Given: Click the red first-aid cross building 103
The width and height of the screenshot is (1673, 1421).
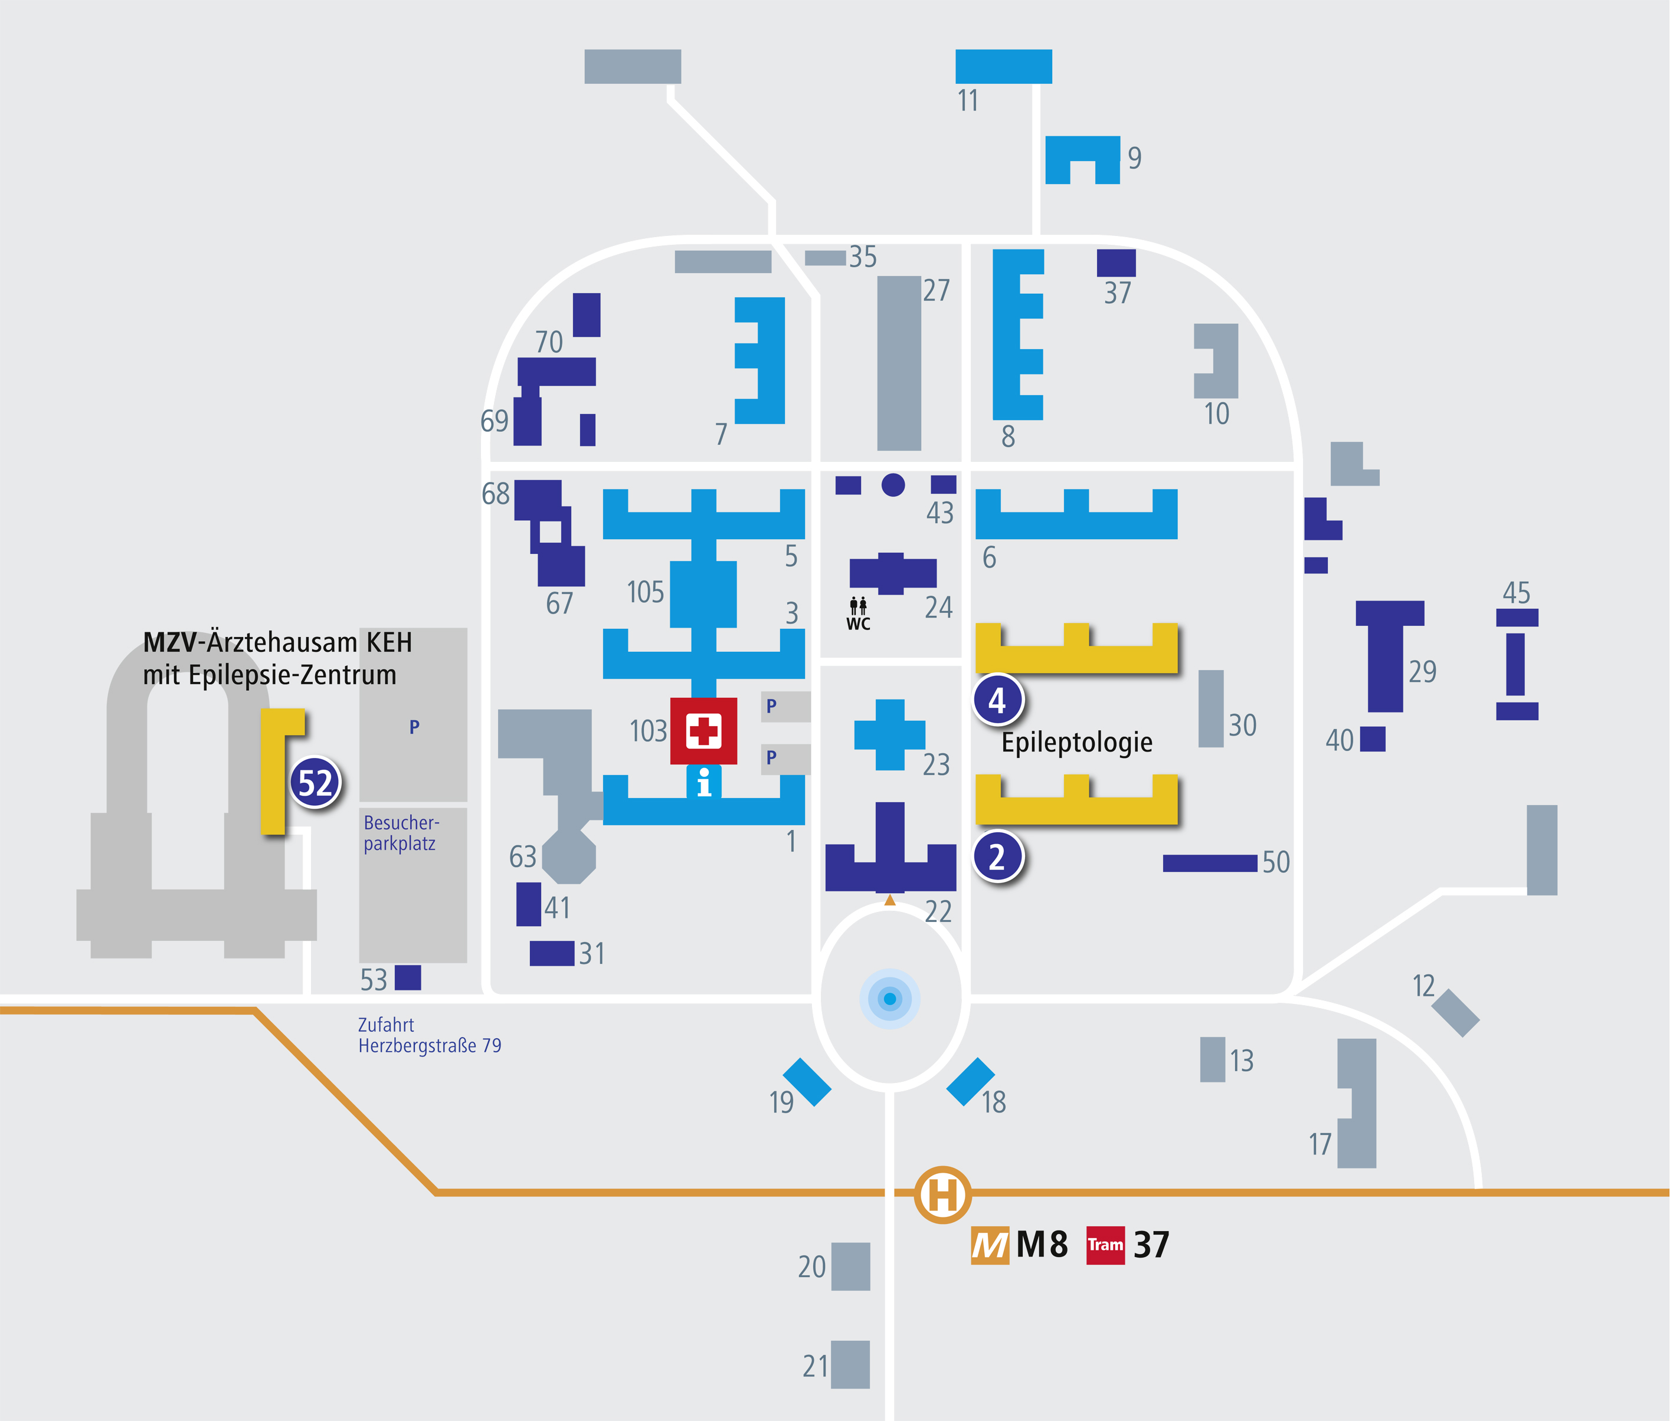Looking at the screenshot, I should pyautogui.click(x=703, y=731).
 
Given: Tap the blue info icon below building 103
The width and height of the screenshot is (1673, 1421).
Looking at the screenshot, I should pyautogui.click(x=703, y=782).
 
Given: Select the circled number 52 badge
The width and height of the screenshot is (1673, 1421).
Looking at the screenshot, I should pyautogui.click(x=315, y=782).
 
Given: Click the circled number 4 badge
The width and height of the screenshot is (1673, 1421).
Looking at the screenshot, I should pyautogui.click(x=998, y=700).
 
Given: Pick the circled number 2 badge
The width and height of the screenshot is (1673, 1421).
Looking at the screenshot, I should pyautogui.click(x=998, y=856).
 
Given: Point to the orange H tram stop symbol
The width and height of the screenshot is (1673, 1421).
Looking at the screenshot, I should pyautogui.click(x=942, y=1194).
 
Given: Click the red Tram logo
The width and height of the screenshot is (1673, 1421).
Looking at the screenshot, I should pyautogui.click(x=1105, y=1245).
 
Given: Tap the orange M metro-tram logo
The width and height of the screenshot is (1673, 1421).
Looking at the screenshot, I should pyautogui.click(x=990, y=1245).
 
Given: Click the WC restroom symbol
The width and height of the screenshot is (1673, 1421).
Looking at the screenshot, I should pyautogui.click(x=858, y=613).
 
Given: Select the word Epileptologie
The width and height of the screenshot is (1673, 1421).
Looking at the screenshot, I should pyautogui.click(x=1076, y=742).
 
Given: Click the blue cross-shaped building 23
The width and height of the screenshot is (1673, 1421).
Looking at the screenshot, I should pyautogui.click(x=890, y=734).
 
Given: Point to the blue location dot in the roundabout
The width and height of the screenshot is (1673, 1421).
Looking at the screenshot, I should pyautogui.click(x=890, y=999).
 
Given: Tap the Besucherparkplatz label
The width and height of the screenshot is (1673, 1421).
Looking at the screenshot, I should pyautogui.click(x=401, y=833).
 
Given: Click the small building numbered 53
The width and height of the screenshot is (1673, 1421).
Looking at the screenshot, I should pyautogui.click(x=408, y=978).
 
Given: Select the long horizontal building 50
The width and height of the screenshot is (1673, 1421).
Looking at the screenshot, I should pyautogui.click(x=1210, y=863).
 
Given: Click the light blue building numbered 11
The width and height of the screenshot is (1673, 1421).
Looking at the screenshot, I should pyautogui.click(x=1003, y=66).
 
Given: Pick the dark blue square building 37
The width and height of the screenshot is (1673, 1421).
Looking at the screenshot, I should pyautogui.click(x=1116, y=262).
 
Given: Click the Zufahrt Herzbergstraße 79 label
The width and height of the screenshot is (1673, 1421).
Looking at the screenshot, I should pyautogui.click(x=429, y=1035).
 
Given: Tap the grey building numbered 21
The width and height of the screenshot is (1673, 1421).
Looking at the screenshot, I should pyautogui.click(x=850, y=1364).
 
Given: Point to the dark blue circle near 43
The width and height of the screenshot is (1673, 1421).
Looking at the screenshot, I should pyautogui.click(x=893, y=485).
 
